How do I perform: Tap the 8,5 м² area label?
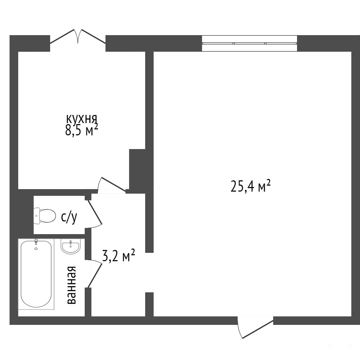pos(82,131)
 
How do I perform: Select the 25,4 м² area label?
pos(250,186)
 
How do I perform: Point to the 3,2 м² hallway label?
pos(118,256)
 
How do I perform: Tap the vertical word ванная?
pos(71,285)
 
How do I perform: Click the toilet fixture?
pos(45,216)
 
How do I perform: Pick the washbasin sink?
pos(71,246)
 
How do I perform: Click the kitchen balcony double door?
pos(78,36)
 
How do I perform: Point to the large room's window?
pos(250,43)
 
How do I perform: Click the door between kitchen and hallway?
pos(112,184)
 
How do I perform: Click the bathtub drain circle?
pos(36,249)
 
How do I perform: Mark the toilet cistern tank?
pos(37,216)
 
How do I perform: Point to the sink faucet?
pos(71,242)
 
